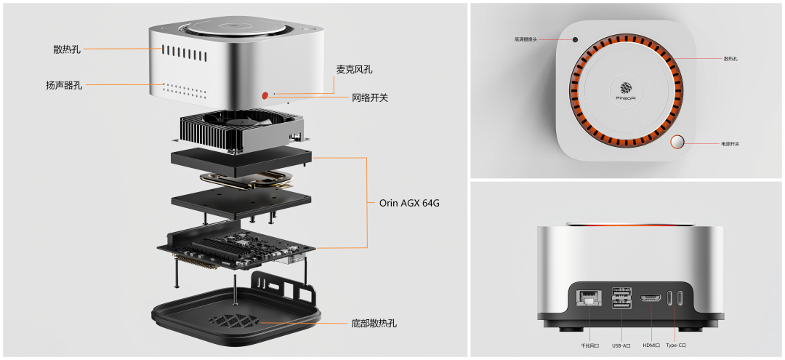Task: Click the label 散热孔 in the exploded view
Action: coord(67,49)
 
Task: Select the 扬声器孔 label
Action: coord(64,85)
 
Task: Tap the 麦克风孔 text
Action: coord(359,70)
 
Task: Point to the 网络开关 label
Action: coord(370,97)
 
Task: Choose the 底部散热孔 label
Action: coord(374,323)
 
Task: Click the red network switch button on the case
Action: coord(266,95)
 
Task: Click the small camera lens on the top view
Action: coord(575,39)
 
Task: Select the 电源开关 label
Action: coord(730,144)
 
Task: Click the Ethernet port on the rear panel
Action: coord(585,297)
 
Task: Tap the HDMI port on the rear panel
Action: coord(650,297)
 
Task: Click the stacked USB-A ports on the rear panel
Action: coord(622,298)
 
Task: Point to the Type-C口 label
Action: coord(676,345)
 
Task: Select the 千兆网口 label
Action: coord(589,345)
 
